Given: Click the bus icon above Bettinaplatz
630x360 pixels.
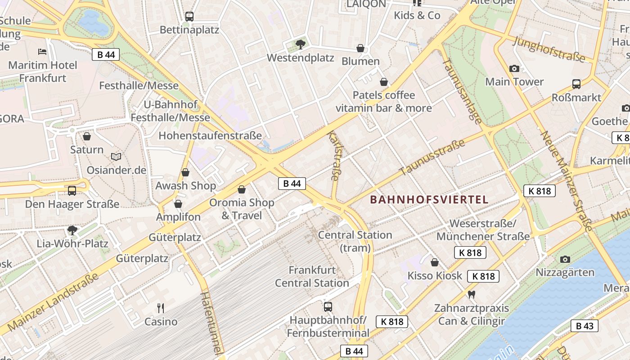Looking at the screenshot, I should tap(189, 17).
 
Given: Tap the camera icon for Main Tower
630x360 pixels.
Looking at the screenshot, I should tap(514, 68).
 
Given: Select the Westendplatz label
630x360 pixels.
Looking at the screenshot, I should tap(301, 58).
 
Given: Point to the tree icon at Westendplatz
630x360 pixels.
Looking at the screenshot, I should tap(301, 44).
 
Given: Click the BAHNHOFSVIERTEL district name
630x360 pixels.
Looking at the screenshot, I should tap(429, 200).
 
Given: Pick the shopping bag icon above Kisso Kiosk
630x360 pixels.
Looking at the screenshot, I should tap(435, 262).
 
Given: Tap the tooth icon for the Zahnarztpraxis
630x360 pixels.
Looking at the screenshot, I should tap(472, 295).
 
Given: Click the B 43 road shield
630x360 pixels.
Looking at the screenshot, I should tap(585, 326).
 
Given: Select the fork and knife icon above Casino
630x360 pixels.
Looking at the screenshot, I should tap(161, 308).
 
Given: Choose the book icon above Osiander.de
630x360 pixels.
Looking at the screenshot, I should tap(116, 157).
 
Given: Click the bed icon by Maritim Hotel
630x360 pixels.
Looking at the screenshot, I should tap(42, 51).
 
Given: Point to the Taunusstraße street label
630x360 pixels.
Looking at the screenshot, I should tap(432, 157).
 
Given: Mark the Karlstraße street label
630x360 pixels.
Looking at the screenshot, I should tap(333, 156).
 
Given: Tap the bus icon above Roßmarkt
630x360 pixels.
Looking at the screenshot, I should tap(576, 84).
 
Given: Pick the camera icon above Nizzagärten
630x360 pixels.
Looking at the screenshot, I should tap(565, 259).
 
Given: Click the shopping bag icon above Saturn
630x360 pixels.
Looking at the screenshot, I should tap(87, 136).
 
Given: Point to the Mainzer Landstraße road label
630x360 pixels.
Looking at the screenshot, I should tap(53, 302).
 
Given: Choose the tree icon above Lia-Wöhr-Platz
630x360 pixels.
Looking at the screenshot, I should tap(72, 230).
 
